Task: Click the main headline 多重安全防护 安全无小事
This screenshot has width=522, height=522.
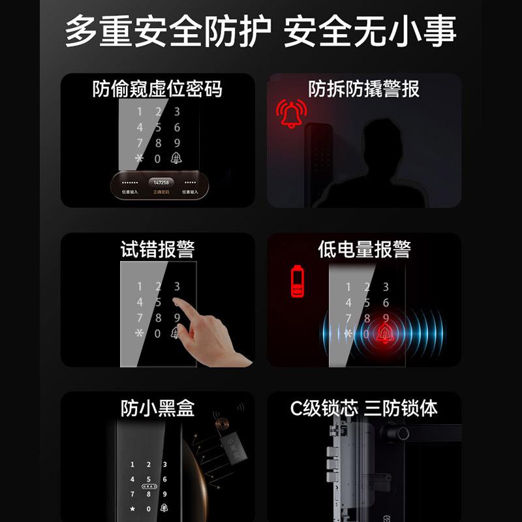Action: click(x=261, y=30)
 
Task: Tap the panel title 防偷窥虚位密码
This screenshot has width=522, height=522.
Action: click(x=157, y=89)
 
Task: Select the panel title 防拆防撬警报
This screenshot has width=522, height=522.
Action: click(x=363, y=89)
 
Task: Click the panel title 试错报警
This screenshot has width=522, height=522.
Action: click(x=157, y=249)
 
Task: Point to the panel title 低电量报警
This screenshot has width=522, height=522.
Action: click(x=364, y=249)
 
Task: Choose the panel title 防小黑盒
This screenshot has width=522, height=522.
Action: click(x=157, y=408)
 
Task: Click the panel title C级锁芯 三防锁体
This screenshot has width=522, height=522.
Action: click(x=364, y=408)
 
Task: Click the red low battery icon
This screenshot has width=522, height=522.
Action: click(x=298, y=279)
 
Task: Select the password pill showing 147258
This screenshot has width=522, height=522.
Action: click(x=161, y=183)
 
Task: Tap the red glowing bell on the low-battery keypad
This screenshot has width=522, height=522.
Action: click(x=385, y=334)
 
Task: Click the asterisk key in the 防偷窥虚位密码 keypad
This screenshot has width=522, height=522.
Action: click(x=138, y=159)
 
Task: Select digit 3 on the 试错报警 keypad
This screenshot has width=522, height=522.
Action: click(x=177, y=286)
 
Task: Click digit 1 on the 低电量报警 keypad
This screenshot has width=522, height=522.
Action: click(x=348, y=287)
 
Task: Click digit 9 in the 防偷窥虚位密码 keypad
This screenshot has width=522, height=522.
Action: click(x=177, y=144)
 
